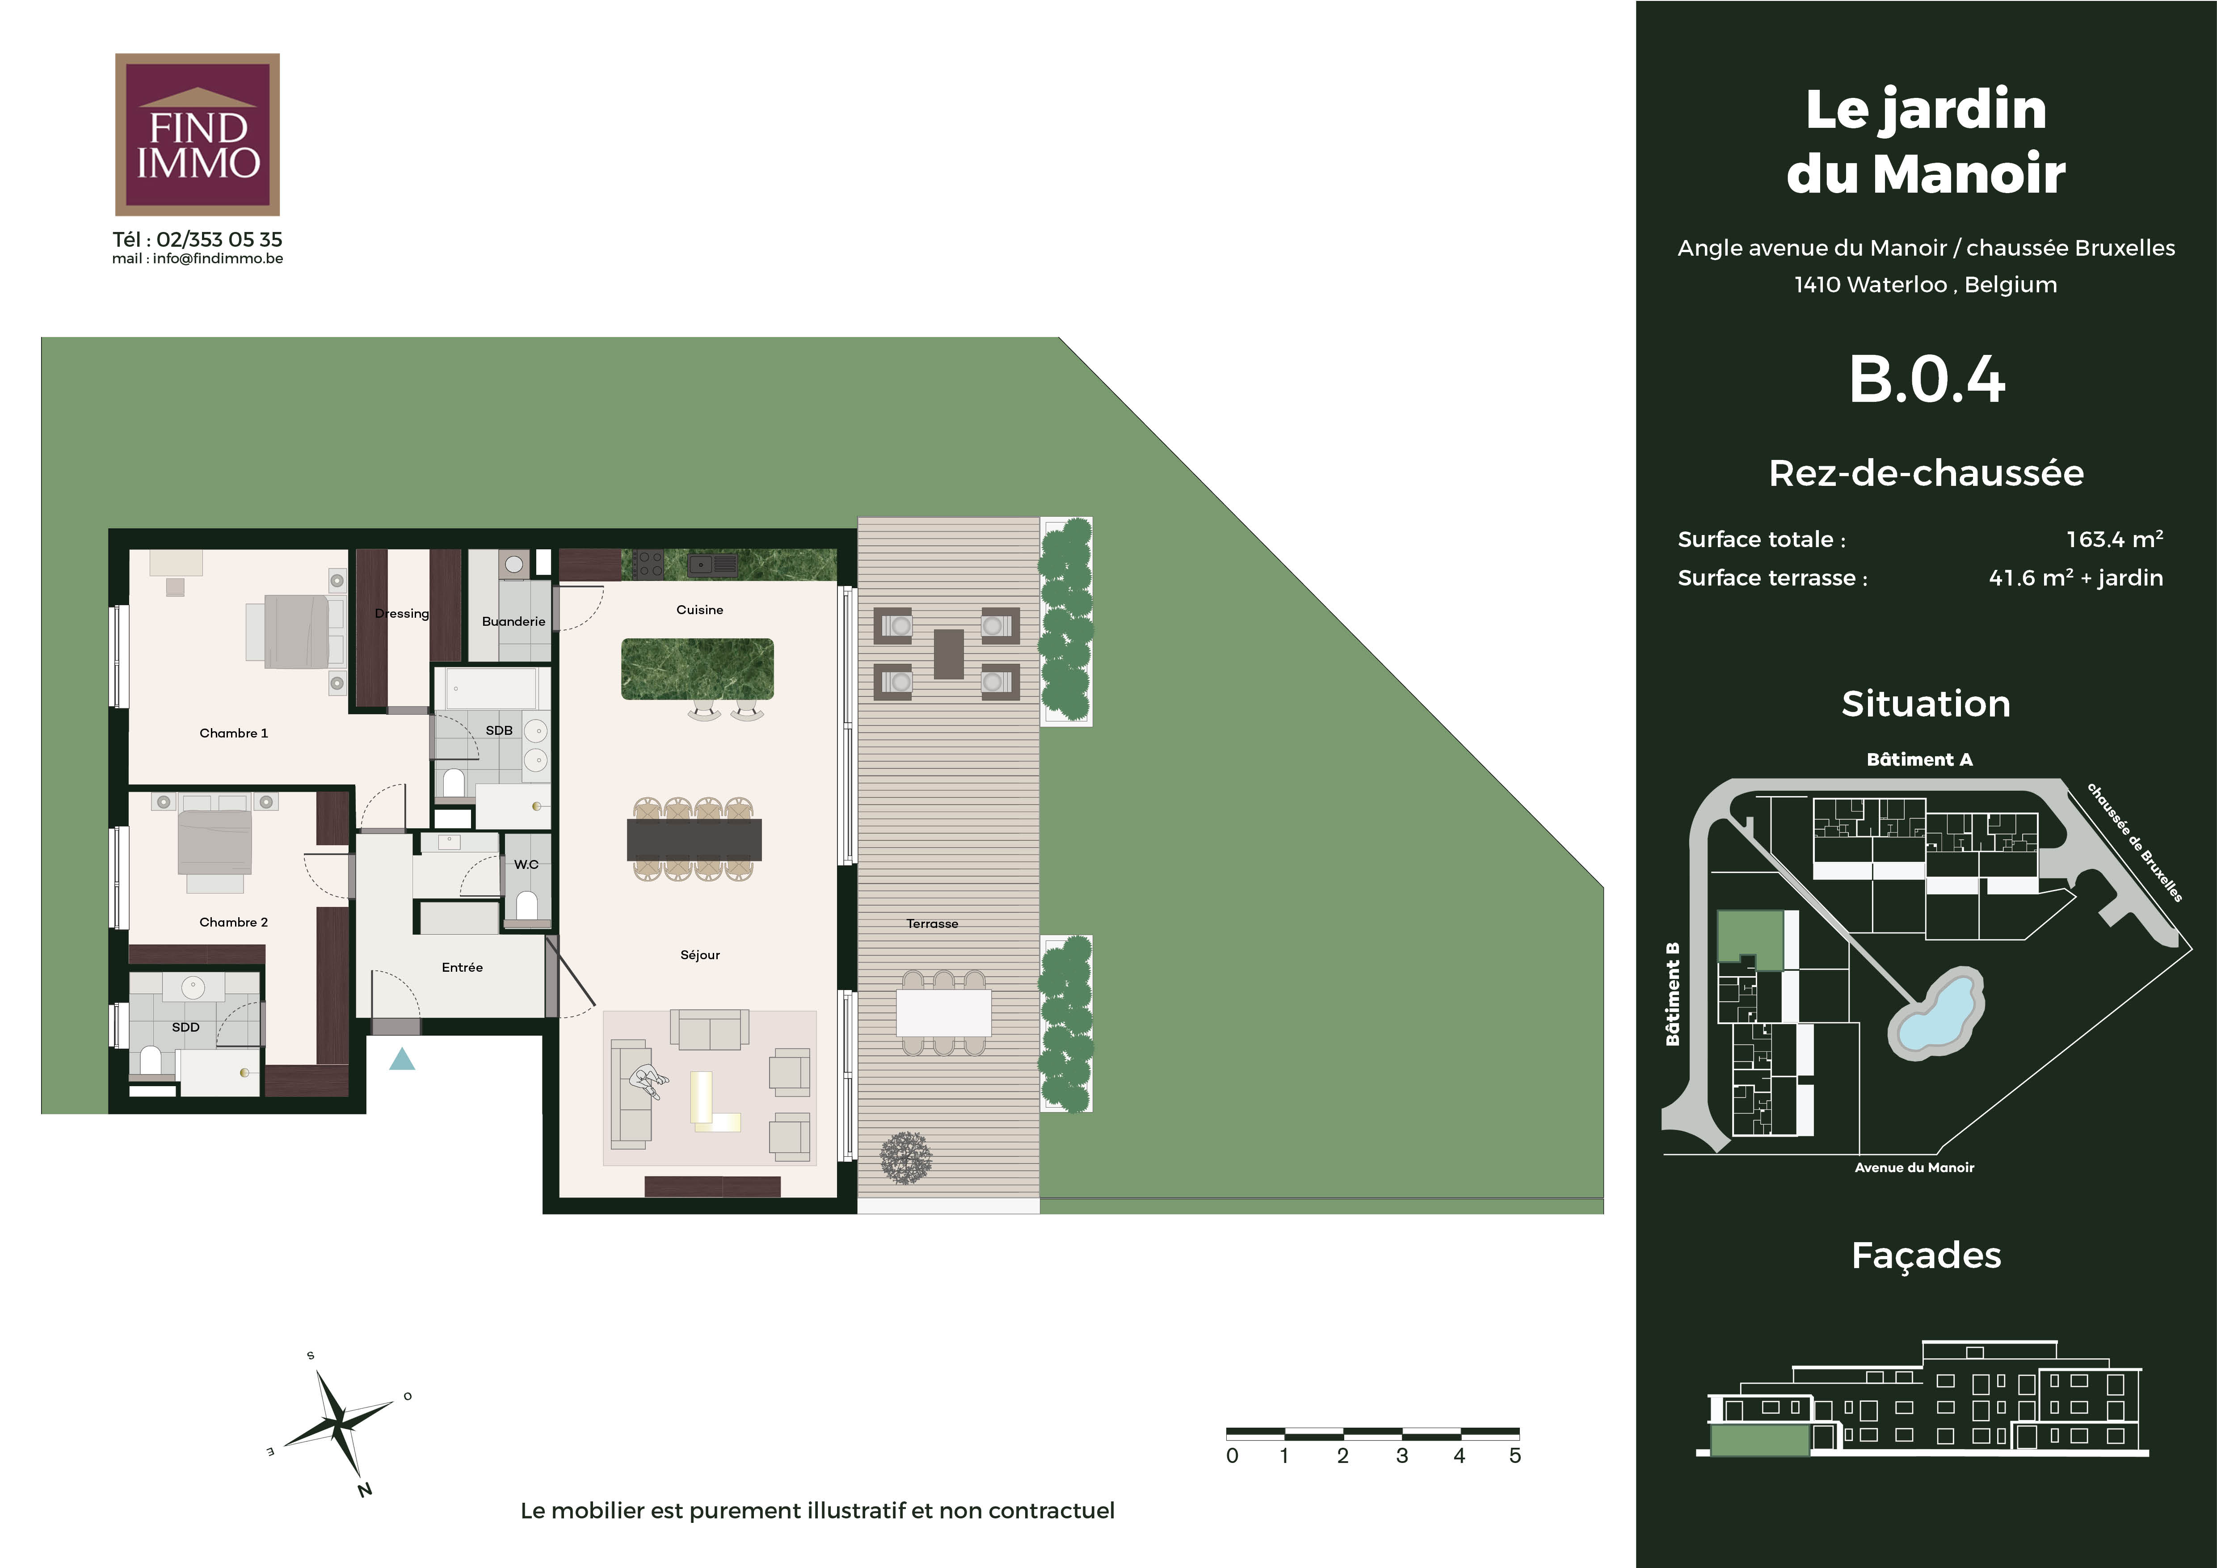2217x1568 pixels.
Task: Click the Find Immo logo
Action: [197, 134]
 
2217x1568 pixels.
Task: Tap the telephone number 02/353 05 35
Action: [219, 240]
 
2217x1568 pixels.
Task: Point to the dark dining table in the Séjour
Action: [694, 839]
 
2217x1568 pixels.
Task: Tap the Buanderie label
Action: [514, 621]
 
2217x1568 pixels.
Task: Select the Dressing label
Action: [402, 613]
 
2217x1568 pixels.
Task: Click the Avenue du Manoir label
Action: [1914, 1168]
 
